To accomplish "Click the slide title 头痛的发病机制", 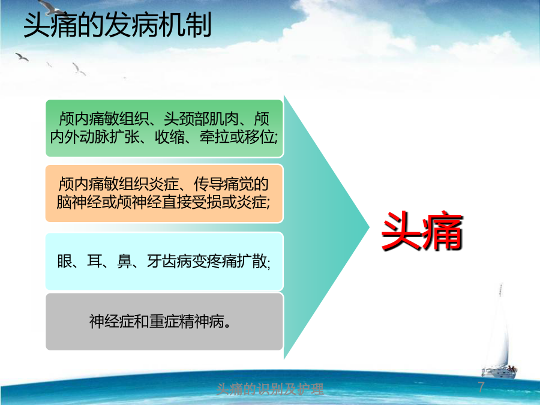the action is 117,25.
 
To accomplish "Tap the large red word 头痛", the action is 422,230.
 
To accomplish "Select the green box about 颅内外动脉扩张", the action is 164,128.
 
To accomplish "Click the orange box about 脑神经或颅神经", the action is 164,193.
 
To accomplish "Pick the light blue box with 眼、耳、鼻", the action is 164,261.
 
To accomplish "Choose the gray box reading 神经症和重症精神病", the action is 164,322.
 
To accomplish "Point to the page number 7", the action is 481,387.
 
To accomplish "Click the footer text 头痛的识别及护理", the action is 270,389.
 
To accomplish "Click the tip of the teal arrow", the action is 369,227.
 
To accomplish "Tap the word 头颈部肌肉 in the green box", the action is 201,119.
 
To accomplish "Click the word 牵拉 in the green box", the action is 214,137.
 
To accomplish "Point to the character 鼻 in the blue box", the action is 124,262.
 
